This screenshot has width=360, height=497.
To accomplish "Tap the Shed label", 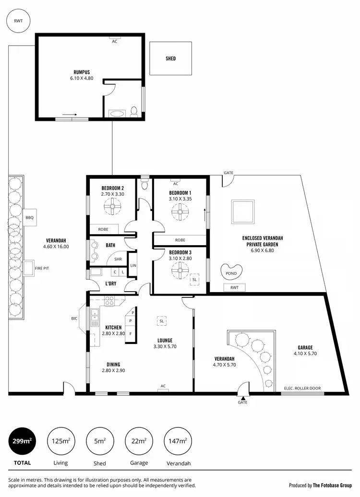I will click(x=170, y=59).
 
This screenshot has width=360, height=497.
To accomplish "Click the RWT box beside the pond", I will click(x=234, y=287).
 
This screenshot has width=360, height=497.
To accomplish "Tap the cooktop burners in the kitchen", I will click(x=109, y=302).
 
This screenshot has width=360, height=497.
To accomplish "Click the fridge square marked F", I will click(x=131, y=333).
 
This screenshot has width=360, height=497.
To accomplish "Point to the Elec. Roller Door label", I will click(x=302, y=388).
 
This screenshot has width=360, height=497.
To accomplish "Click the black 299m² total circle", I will click(x=22, y=440).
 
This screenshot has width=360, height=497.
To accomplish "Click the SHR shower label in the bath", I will click(x=118, y=260).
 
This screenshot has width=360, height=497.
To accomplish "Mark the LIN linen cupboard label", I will click(x=133, y=265).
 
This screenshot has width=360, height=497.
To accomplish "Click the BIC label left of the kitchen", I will click(x=74, y=318).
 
